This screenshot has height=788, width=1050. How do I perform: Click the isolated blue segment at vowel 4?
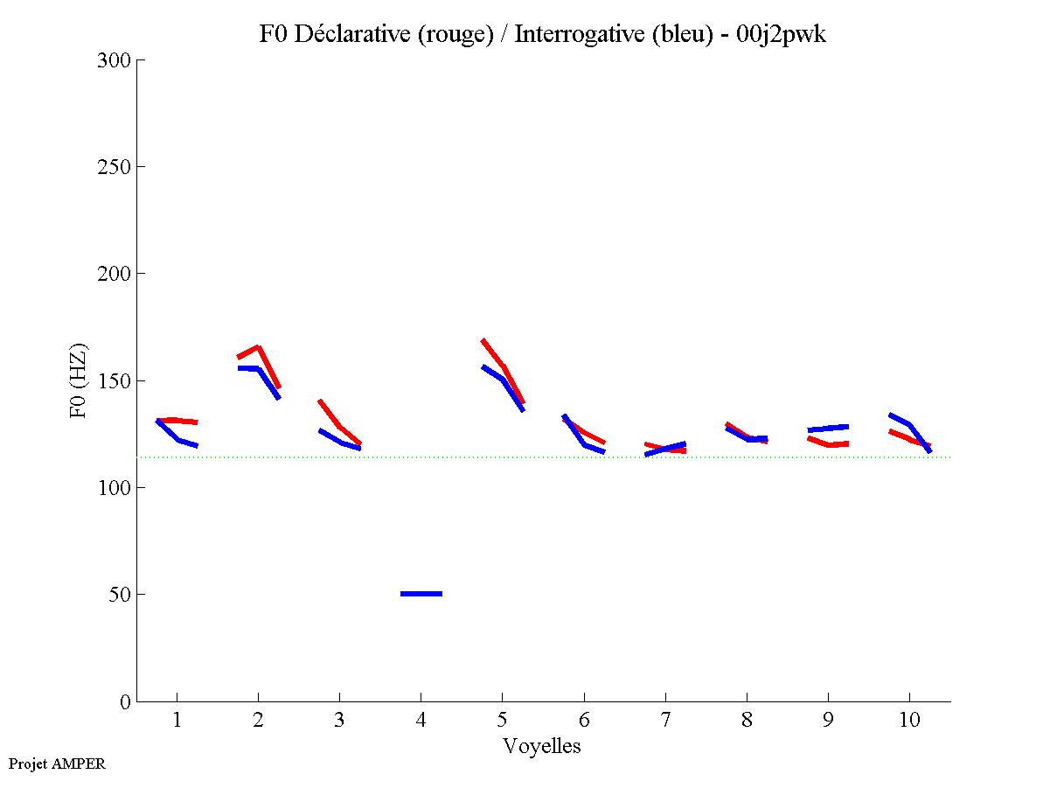tap(421, 594)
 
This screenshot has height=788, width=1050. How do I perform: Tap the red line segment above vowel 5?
tap(503, 366)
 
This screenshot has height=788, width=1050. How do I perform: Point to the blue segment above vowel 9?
tap(829, 429)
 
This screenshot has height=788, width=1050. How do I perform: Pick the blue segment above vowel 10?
tap(910, 425)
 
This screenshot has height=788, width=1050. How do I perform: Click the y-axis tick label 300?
tap(115, 60)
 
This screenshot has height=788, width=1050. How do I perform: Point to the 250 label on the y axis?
tap(115, 167)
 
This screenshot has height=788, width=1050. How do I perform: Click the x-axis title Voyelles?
tap(542, 746)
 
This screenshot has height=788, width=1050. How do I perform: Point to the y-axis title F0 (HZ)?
tap(79, 380)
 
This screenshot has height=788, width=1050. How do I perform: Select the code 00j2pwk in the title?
tap(782, 34)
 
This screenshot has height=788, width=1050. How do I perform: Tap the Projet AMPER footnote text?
tap(57, 764)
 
